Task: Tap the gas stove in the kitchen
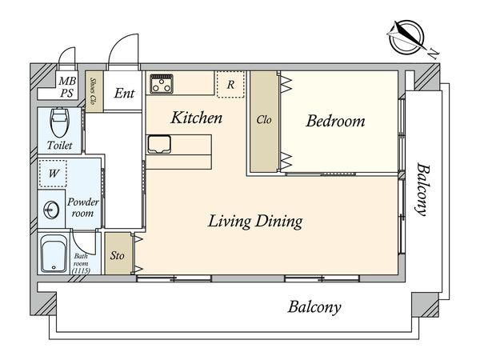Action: click(x=162, y=83)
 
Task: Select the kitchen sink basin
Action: click(x=159, y=144)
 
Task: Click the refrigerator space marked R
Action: click(x=230, y=84)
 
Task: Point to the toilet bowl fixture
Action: click(x=59, y=122)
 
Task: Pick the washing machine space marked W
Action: click(x=54, y=174)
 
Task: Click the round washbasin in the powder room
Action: click(x=51, y=210)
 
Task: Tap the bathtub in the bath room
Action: click(x=54, y=254)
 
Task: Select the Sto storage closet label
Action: click(x=118, y=255)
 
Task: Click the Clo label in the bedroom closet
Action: click(x=264, y=120)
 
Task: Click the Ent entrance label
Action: click(x=124, y=93)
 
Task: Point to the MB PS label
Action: click(x=67, y=87)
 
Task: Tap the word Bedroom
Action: click(x=335, y=121)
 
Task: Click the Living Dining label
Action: click(x=255, y=222)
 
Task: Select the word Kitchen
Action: click(x=197, y=118)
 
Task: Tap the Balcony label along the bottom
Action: click(x=314, y=307)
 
